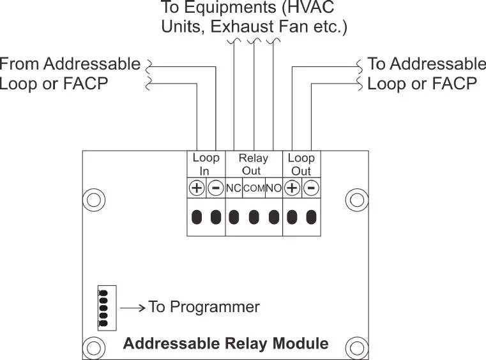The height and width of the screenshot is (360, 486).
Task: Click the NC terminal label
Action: tap(234, 188)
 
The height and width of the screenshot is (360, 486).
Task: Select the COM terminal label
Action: tap(254, 188)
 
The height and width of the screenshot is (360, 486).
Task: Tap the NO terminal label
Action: tap(273, 188)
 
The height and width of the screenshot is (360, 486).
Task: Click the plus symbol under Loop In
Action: tap(197, 188)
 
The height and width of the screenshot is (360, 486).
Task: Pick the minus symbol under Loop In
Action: tap(216, 188)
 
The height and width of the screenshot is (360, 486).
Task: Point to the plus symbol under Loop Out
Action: tap(292, 188)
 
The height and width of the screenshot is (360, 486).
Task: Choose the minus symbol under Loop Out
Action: tap(311, 188)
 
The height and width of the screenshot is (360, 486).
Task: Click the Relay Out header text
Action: tap(254, 164)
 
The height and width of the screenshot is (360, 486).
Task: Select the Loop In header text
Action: tap(206, 164)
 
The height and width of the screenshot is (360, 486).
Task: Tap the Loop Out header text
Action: tap(301, 164)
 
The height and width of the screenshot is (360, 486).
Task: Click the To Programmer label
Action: tap(204, 307)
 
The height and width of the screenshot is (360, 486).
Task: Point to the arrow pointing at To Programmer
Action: tap(132, 308)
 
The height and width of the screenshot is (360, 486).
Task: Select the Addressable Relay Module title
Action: tap(225, 343)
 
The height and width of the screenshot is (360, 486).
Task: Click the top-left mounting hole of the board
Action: tap(94, 200)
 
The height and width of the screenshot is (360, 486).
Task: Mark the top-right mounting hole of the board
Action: tap(356, 200)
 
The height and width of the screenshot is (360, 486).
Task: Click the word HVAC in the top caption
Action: tap(313, 9)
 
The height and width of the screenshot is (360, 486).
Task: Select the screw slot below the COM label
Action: tap(254, 217)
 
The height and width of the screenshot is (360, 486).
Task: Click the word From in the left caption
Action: tap(19, 64)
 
